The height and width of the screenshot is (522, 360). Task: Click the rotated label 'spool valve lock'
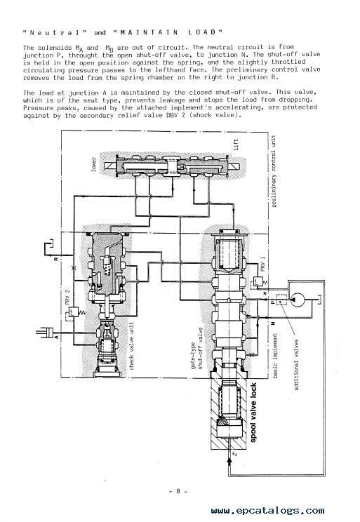point(253,413)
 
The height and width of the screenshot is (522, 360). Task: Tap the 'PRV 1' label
point(262,264)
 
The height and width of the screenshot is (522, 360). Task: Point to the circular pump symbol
point(297,300)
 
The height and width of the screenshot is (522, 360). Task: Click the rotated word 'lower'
point(93,165)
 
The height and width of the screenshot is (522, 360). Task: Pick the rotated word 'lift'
point(236,145)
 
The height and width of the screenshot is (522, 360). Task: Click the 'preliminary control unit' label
point(274,171)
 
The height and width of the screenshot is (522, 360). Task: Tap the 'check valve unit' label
point(131,346)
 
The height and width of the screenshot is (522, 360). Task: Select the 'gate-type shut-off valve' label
point(196,348)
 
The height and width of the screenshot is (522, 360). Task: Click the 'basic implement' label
point(275,356)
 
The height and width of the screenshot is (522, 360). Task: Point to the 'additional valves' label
point(296,365)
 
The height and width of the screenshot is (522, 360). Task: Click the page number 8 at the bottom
point(178,491)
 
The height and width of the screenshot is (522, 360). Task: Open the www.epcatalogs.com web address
point(268,510)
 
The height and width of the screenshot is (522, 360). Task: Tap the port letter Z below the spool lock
point(234,454)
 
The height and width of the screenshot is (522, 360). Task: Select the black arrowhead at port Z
point(229,460)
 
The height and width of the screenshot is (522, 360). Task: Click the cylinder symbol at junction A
point(45,332)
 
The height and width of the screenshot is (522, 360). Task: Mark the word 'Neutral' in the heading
point(55,32)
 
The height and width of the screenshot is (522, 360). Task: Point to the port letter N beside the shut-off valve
point(272,323)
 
